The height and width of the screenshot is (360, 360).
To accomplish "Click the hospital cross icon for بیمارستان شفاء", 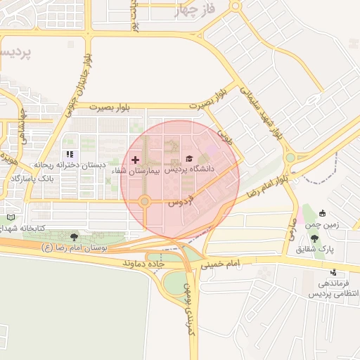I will pyautogui.click(x=135, y=160).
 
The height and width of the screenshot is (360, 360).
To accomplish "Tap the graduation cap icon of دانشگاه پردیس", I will pyautogui.click(x=188, y=160).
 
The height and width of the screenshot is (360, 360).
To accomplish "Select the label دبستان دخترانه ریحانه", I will pyautogui.click(x=70, y=165).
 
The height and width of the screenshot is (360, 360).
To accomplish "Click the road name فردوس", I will pyautogui.click(x=181, y=200).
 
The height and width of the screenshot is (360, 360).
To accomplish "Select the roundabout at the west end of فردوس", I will pyautogui.click(x=144, y=202).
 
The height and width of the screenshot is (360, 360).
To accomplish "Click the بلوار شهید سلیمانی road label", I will pyautogui.click(x=262, y=112).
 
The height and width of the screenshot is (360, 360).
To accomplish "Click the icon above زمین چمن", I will pyautogui.click(x=322, y=214).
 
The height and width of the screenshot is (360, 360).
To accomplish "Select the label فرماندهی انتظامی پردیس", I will pyautogui.click(x=333, y=288).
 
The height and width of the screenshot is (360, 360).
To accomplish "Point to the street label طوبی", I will pyautogui.click(x=225, y=134).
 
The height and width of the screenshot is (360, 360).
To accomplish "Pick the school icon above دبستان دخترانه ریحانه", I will pyautogui.click(x=69, y=154).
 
